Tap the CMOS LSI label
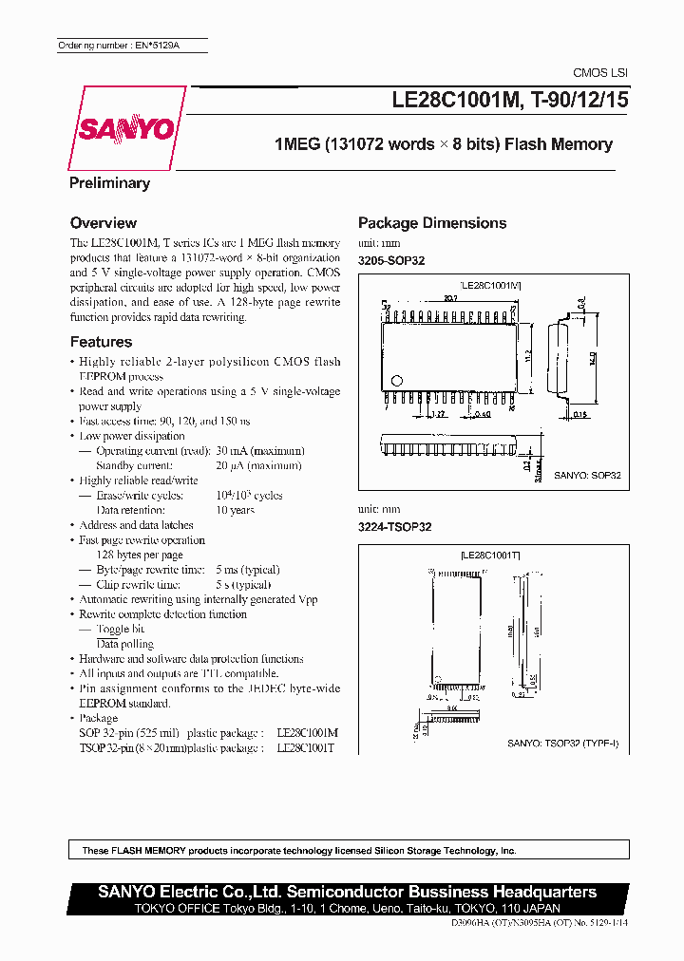(599, 73)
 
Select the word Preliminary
(109, 183)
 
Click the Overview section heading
(104, 223)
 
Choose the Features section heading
(101, 342)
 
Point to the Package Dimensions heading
(432, 223)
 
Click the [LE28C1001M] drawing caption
(490, 284)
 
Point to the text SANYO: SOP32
(587, 475)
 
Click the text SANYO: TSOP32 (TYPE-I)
(562, 744)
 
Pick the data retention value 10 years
(235, 510)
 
